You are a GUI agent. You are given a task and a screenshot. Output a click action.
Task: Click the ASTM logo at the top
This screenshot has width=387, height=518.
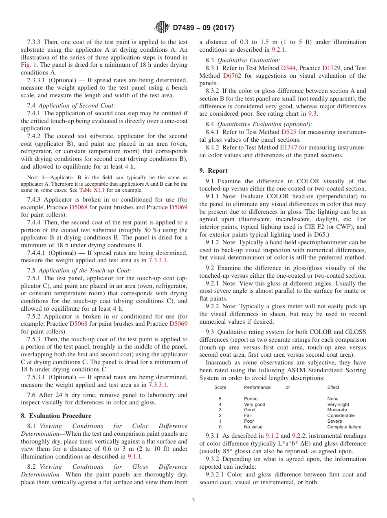tap(162, 28)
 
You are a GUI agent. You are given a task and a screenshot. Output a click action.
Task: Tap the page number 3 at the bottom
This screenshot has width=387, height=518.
tap(193, 500)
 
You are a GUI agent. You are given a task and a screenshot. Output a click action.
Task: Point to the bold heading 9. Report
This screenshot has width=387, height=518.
tap(213, 171)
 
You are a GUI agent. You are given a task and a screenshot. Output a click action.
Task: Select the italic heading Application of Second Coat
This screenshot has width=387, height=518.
tap(77, 105)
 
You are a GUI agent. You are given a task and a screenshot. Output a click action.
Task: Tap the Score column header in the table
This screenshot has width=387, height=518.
tap(220, 387)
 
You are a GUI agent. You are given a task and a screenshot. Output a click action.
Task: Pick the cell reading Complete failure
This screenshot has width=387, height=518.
tap(344, 427)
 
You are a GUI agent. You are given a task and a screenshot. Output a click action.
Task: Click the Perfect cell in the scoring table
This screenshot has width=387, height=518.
tap(251, 399)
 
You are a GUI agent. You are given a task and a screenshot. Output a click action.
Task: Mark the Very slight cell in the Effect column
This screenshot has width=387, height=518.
tap(338, 404)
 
